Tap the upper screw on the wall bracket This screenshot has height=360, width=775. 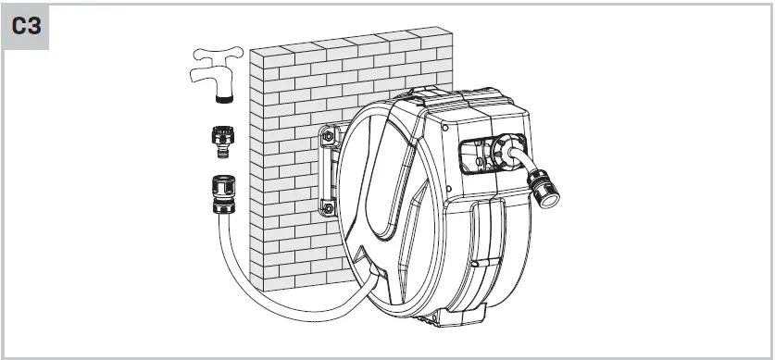(x=328, y=138)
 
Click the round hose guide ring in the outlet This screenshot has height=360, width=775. (x=508, y=152)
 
